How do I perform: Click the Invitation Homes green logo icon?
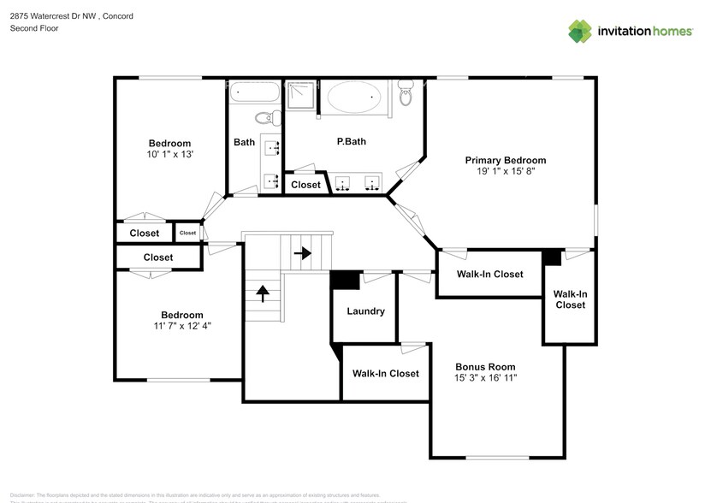(x=581, y=31)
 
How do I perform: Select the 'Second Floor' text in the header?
(x=34, y=28)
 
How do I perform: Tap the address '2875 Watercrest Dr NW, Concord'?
(x=71, y=15)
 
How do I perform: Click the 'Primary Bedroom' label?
(x=505, y=160)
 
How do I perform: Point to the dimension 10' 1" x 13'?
(x=169, y=155)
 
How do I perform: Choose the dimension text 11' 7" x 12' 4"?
(x=181, y=326)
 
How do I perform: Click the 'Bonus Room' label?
(x=484, y=366)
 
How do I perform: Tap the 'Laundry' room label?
(x=365, y=311)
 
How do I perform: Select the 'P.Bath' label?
(x=351, y=141)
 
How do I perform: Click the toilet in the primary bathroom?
(x=406, y=93)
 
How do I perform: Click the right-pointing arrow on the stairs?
(x=301, y=253)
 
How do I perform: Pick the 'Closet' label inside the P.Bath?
(x=305, y=185)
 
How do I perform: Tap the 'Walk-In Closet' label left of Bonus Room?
(x=386, y=373)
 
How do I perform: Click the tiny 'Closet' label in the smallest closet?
(x=187, y=233)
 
